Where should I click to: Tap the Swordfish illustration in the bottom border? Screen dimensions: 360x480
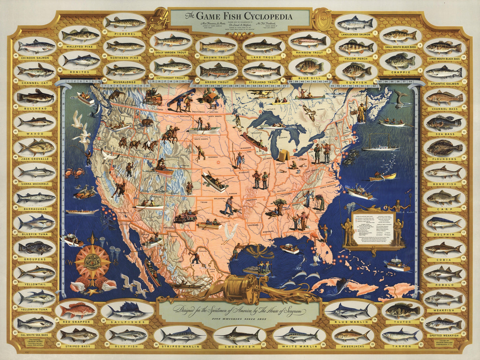(239, 334)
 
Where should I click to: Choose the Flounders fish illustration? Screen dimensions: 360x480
(444, 148)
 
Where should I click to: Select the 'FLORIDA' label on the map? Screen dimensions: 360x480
(305, 233)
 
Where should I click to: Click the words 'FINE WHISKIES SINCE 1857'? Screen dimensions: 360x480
(239, 319)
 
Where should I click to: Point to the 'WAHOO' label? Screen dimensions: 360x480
(35, 134)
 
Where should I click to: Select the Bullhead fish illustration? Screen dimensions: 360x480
(35, 97)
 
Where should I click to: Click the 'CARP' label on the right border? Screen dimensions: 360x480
(444, 209)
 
